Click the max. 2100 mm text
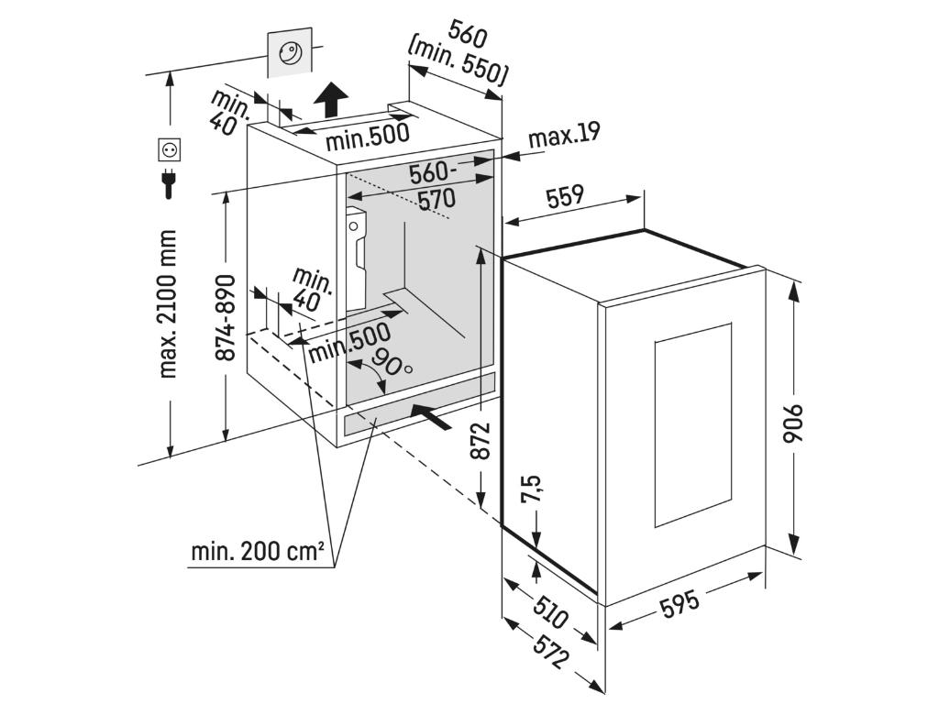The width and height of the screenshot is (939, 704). pyautogui.click(x=167, y=303)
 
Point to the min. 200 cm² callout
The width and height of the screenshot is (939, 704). pyautogui.click(x=258, y=552)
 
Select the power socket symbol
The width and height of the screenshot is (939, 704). pyautogui.click(x=170, y=148)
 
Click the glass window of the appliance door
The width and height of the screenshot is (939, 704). pyautogui.click(x=692, y=425)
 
